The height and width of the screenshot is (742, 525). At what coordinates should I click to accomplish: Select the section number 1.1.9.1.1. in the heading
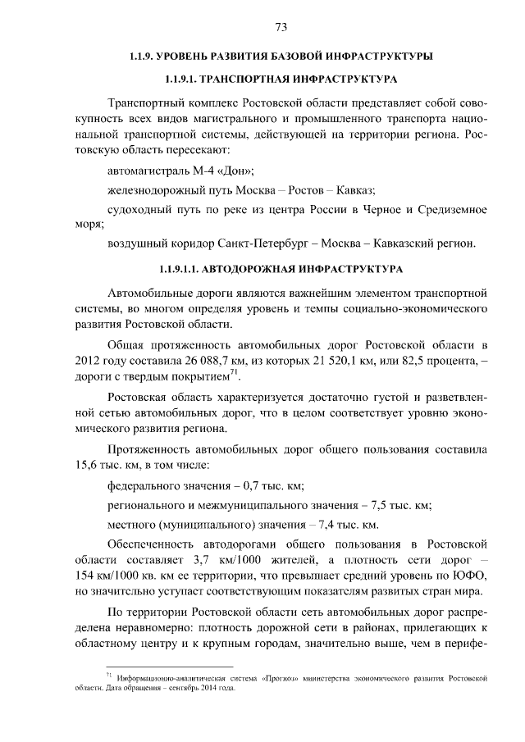click(x=177, y=268)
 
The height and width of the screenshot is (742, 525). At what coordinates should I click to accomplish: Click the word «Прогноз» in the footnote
click(x=281, y=679)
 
